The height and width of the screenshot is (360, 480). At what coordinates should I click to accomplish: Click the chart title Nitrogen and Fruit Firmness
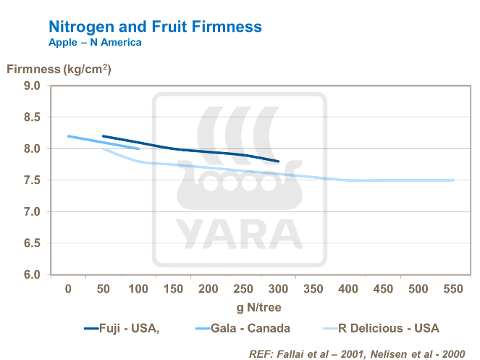pos(155,27)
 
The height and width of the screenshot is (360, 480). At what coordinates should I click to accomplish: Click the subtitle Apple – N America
pos(94,42)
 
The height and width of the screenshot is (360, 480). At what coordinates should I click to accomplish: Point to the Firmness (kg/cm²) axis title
pos(59,70)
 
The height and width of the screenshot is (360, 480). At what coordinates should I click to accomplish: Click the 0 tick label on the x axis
pos(68,288)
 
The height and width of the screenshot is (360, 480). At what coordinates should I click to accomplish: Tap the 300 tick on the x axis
pos(278,288)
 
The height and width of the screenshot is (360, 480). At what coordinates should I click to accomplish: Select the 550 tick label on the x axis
pos(453,288)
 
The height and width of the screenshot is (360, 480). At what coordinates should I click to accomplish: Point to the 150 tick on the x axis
pos(173,288)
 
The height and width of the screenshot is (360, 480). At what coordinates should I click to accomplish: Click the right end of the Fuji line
pos(278,162)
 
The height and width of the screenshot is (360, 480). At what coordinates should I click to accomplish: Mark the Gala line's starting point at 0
pos(68,136)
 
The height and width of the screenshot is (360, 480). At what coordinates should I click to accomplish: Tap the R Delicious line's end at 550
pos(453,180)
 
